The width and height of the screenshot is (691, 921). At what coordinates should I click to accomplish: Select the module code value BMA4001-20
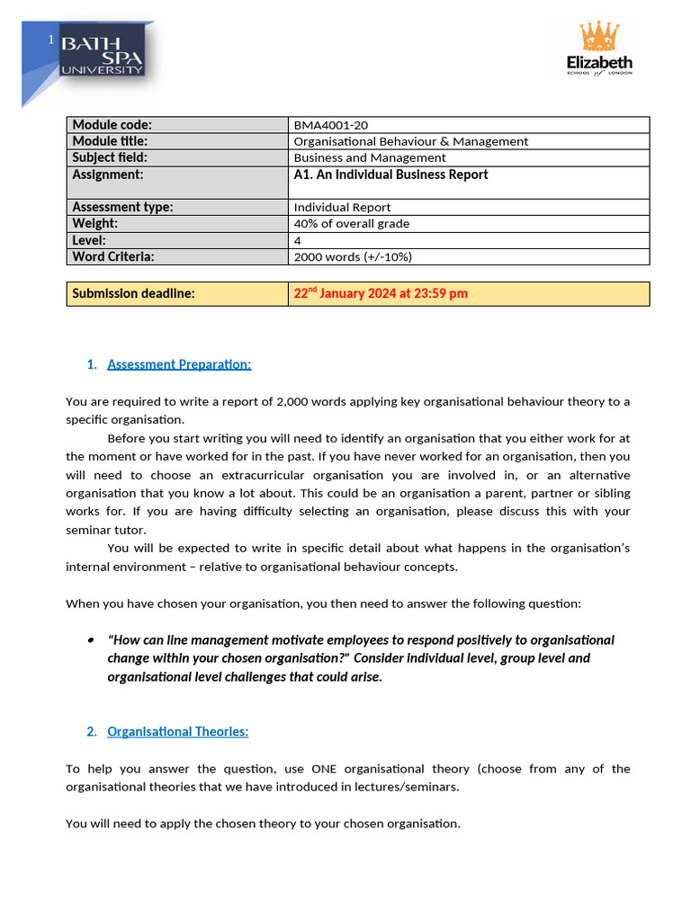pyautogui.click(x=332, y=125)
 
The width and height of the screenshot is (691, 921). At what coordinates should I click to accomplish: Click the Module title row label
pyautogui.click(x=110, y=141)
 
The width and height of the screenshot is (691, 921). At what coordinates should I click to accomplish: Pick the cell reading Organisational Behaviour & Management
pyautogui.click(x=411, y=141)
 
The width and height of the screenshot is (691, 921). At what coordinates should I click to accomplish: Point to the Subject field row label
pyautogui.click(x=109, y=157)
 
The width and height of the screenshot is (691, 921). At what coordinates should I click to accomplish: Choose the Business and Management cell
pyautogui.click(x=370, y=157)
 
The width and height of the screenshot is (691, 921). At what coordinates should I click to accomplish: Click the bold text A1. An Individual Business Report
pyautogui.click(x=390, y=174)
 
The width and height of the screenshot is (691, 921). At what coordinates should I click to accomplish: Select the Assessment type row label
pyautogui.click(x=122, y=207)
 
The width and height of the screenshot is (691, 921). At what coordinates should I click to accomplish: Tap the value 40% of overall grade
pyautogui.click(x=352, y=223)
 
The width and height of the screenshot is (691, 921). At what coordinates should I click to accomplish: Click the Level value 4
pyautogui.click(x=298, y=240)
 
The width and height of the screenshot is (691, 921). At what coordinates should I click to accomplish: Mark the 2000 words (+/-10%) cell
pyautogui.click(x=353, y=256)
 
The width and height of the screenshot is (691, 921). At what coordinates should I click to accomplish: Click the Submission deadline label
pyautogui.click(x=133, y=293)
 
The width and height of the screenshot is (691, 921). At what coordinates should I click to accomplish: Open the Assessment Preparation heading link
pyautogui.click(x=179, y=364)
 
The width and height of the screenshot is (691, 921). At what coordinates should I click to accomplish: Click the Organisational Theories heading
pyautogui.click(x=177, y=731)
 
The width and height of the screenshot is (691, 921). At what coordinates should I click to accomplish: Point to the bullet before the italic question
pyautogui.click(x=91, y=640)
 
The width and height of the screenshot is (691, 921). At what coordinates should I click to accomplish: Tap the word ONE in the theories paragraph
pyautogui.click(x=326, y=769)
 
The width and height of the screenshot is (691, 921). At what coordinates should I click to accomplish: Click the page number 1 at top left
pyautogui.click(x=51, y=40)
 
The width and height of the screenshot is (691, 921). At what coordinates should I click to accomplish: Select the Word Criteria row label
pyautogui.click(x=113, y=256)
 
